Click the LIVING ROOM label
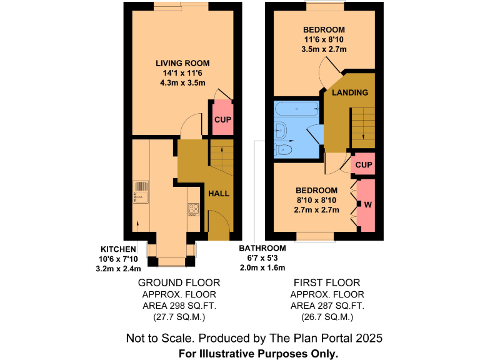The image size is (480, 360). (x=182, y=63)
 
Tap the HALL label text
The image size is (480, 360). (x=219, y=193)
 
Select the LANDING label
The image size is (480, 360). (x=349, y=92)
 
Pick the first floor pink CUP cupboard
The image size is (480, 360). (x=364, y=165)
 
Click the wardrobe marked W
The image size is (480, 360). (x=367, y=204)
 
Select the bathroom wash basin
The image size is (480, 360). (x=281, y=130)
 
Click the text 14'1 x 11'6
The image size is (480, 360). (x=182, y=73)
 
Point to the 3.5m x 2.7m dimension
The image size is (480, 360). (x=324, y=49)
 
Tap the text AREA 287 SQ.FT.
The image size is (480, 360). (x=327, y=306)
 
